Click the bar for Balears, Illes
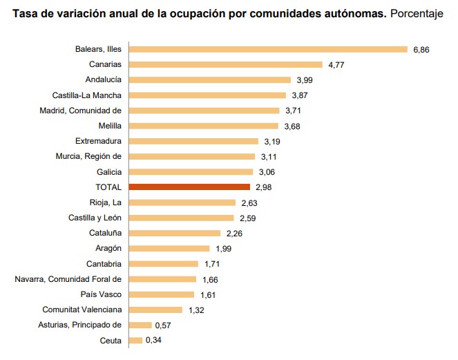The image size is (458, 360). point(268,49)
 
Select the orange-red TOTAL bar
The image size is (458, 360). point(189,187)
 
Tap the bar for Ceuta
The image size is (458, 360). point(135,340)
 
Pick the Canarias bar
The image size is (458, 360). point(226,64)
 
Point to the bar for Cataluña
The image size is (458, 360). point(175,233)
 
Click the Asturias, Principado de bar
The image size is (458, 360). point(140,325)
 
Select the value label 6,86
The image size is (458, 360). point(421,50)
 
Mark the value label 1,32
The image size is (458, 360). point(197,310)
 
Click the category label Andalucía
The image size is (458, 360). point(103,79)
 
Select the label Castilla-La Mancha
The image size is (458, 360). point(87,95)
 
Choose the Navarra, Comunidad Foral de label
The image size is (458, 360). point(68,278)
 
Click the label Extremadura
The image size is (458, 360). point(98,141)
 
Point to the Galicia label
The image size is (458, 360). point(108,171)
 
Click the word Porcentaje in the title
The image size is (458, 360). point(417,14)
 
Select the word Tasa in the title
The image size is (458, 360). point(25,13)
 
